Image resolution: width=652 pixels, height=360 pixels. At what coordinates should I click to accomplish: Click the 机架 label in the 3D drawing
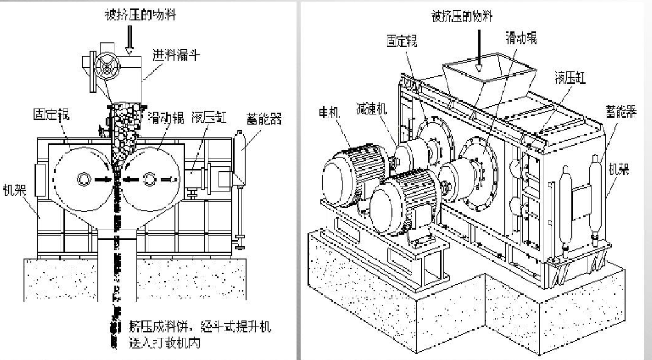click(619, 170)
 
